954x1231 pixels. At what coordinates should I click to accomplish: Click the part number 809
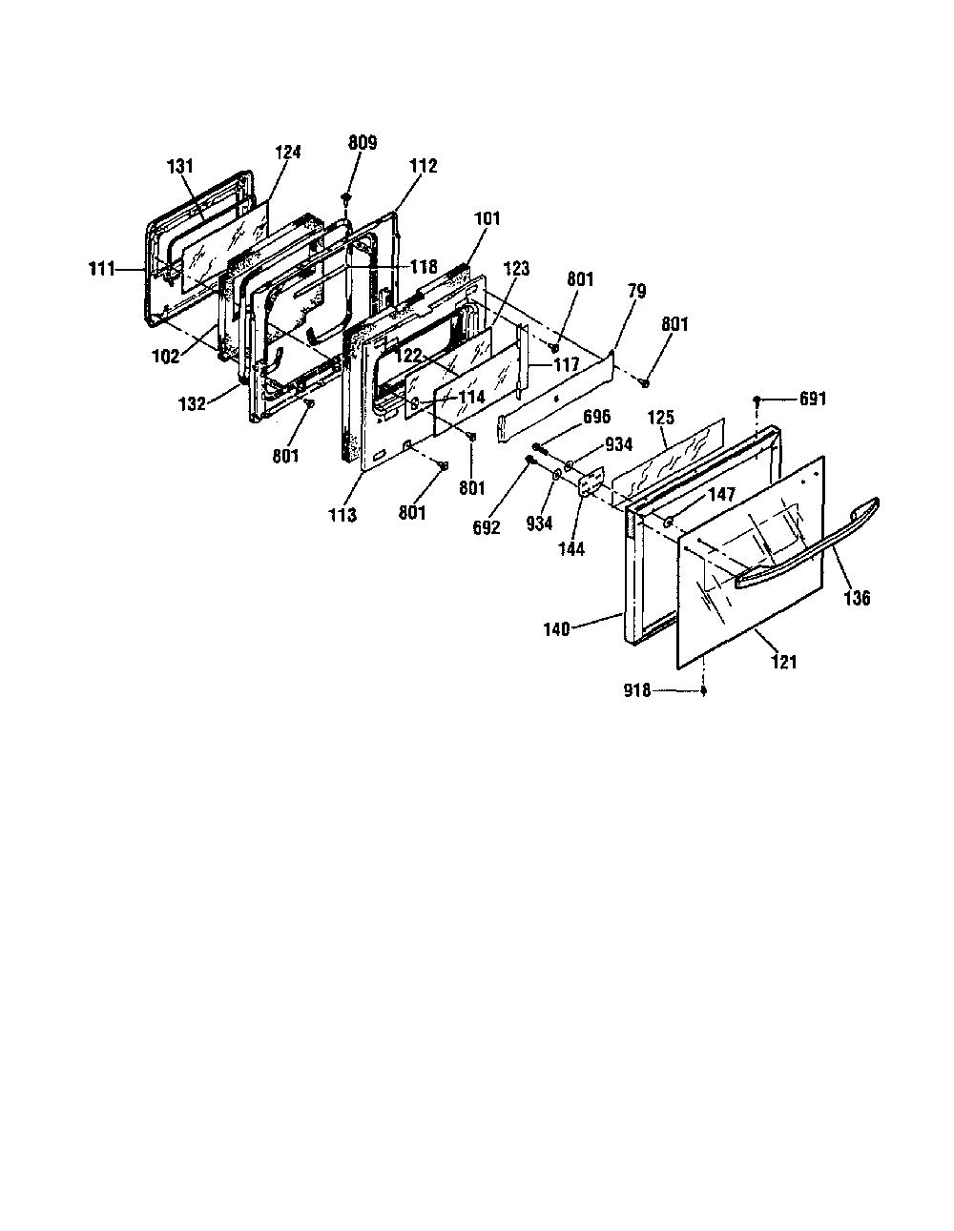click(x=363, y=142)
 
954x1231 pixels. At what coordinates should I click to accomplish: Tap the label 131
click(x=180, y=166)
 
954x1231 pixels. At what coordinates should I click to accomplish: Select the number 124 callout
click(x=288, y=152)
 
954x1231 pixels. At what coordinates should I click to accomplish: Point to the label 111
click(x=102, y=269)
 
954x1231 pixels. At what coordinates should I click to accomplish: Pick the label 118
click(x=424, y=266)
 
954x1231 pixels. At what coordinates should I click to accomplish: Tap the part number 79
click(x=636, y=291)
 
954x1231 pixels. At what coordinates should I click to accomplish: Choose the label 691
click(x=813, y=399)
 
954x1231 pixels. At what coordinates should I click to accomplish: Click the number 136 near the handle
click(x=857, y=598)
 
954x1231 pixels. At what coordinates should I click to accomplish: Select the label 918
click(x=637, y=691)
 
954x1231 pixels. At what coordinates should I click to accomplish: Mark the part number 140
click(x=557, y=629)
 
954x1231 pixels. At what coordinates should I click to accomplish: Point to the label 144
click(x=571, y=548)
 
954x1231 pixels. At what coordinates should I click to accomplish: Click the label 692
click(x=487, y=527)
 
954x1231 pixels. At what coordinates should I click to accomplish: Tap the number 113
click(x=342, y=515)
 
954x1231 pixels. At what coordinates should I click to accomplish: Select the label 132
click(x=192, y=404)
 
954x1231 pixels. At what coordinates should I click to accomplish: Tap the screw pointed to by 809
click(x=345, y=198)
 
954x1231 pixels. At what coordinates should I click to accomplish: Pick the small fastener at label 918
click(x=704, y=690)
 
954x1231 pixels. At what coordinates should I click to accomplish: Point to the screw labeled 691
click(x=756, y=400)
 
